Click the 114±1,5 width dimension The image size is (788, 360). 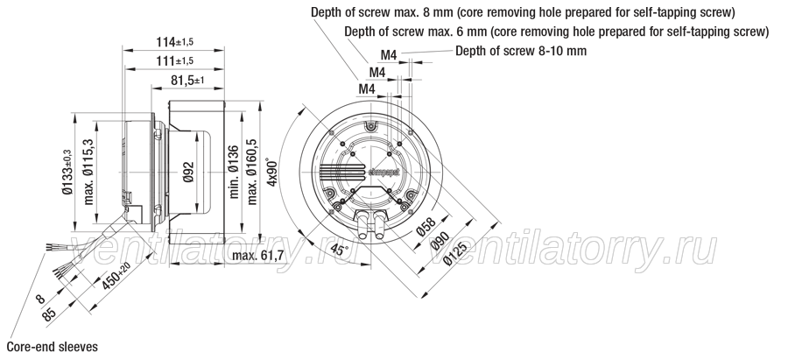click(174, 42)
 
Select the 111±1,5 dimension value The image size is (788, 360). click(174, 61)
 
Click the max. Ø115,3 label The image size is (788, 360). click(89, 171)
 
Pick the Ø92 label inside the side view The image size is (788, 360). click(189, 172)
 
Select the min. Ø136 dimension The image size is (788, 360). click(233, 172)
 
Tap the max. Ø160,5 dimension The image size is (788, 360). click(252, 172)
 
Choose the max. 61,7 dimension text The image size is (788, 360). click(257, 256)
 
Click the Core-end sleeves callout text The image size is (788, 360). click(53, 347)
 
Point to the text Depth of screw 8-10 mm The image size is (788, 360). click(521, 51)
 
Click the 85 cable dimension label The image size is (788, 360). click(49, 314)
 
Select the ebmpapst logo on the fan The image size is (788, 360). click(384, 172)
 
